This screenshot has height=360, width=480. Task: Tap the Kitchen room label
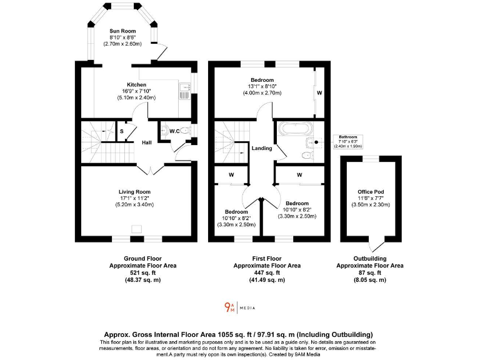(137, 85)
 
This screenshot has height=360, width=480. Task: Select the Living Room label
(134, 192)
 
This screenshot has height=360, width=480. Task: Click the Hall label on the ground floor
(147, 142)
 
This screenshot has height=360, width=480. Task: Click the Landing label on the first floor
(262, 148)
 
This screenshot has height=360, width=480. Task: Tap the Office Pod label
(370, 192)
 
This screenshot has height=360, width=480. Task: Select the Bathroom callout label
(347, 136)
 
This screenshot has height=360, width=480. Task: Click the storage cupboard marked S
(121, 131)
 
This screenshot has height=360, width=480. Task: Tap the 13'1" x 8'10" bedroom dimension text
(262, 86)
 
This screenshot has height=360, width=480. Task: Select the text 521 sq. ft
(143, 273)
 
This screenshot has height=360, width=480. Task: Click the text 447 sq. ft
(267, 273)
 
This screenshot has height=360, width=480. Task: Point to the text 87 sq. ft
(370, 273)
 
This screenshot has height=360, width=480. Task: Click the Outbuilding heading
(370, 258)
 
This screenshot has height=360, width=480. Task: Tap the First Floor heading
(267, 258)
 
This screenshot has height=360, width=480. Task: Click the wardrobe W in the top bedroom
(319, 93)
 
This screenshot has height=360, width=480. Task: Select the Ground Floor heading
(143, 258)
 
